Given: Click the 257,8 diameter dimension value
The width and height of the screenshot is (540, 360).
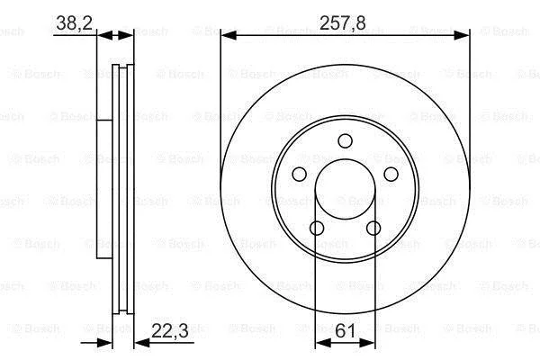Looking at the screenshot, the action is point(342,23).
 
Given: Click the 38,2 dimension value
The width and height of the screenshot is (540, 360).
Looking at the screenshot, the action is point(74,23).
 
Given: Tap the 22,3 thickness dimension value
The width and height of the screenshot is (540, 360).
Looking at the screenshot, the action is point(170,331).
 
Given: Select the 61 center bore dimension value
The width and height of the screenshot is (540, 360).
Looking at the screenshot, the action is point(345,331).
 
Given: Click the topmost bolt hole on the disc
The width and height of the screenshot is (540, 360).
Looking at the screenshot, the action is point(345,141).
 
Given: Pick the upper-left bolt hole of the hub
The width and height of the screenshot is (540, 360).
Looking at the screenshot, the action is point(300,174).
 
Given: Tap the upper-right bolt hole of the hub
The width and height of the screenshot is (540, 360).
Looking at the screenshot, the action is point(391,174).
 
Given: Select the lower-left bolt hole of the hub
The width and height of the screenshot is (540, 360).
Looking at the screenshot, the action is point(317,228).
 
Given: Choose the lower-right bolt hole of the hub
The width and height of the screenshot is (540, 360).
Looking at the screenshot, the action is point(373,228).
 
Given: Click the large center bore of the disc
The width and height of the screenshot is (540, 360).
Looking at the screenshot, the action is point(345,189).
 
